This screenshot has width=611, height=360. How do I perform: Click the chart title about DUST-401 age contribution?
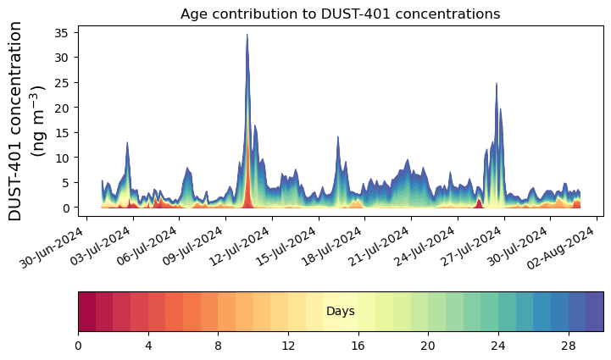(340, 14)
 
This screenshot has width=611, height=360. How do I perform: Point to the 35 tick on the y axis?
(65, 32)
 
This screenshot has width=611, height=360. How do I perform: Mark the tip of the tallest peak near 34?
(247, 35)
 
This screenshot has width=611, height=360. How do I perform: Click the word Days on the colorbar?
(340, 312)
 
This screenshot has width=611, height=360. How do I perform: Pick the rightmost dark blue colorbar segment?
(594, 312)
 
